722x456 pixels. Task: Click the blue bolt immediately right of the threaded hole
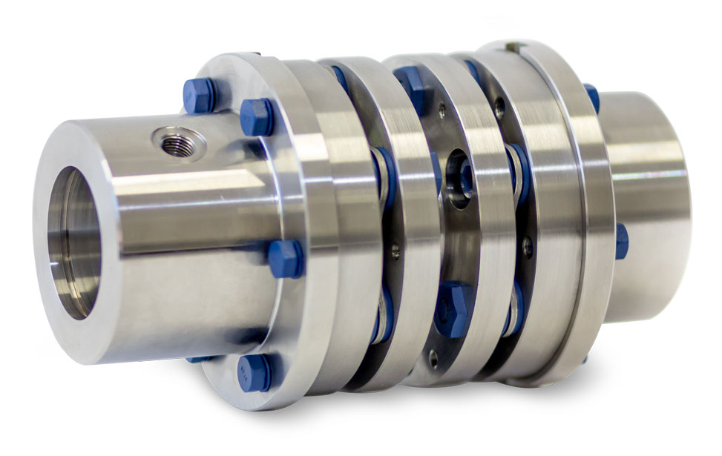point(257,116)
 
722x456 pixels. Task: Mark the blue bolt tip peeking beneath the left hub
point(199,359)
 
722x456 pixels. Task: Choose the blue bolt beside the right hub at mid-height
point(621,241)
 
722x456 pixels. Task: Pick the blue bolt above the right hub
point(591,96)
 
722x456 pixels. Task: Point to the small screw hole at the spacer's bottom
point(433,361)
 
